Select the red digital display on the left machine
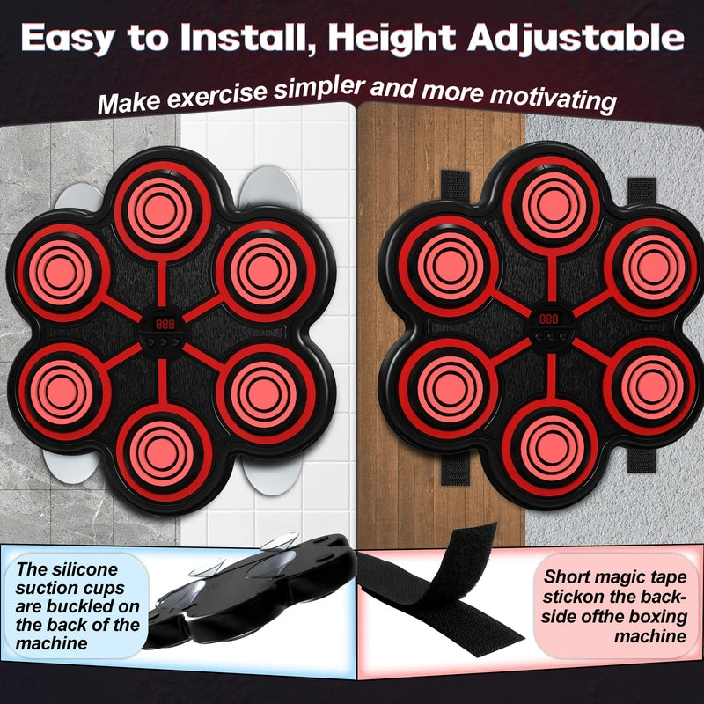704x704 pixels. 165,324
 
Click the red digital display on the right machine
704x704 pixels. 548,319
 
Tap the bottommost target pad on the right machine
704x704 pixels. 549,447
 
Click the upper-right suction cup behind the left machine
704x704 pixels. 269,188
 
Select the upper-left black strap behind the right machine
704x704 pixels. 454,186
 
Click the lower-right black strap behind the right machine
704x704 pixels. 642,459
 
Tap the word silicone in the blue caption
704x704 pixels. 84,569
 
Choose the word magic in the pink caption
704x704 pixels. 618,578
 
